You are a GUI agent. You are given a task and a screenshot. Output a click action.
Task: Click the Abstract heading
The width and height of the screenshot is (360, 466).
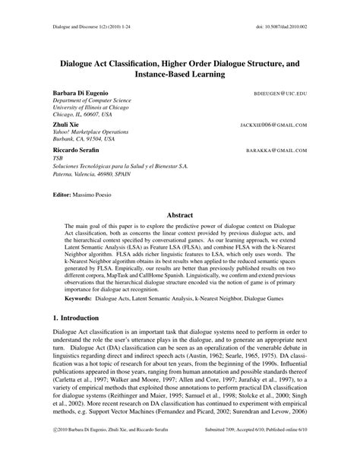point(180,215)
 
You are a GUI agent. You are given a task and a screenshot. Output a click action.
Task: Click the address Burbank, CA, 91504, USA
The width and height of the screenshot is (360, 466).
point(84,139)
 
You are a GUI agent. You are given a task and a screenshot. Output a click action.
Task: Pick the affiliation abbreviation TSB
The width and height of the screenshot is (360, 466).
point(58,160)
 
